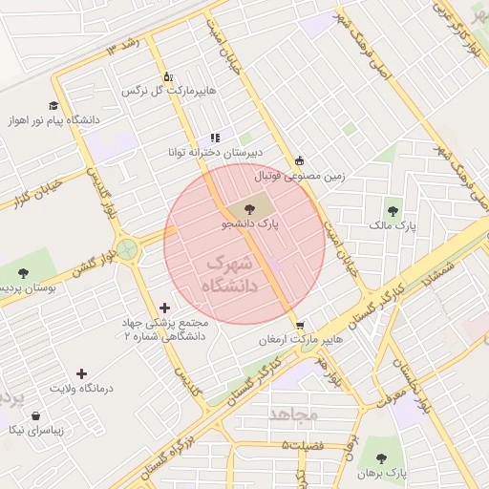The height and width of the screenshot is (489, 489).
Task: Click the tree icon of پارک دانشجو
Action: (249, 207)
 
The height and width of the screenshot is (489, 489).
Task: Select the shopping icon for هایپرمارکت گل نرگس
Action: (167, 76)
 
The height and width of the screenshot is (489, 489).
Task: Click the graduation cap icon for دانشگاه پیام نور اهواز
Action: (53, 106)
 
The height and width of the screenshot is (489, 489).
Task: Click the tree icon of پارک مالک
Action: (393, 211)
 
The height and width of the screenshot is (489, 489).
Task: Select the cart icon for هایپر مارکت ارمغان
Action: (300, 325)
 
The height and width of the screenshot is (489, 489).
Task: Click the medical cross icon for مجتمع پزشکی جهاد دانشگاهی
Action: (166, 308)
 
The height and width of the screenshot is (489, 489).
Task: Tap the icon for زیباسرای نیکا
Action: (36, 416)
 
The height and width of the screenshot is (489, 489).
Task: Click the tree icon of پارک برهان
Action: (383, 457)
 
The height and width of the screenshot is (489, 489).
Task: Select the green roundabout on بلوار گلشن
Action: (127, 249)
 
